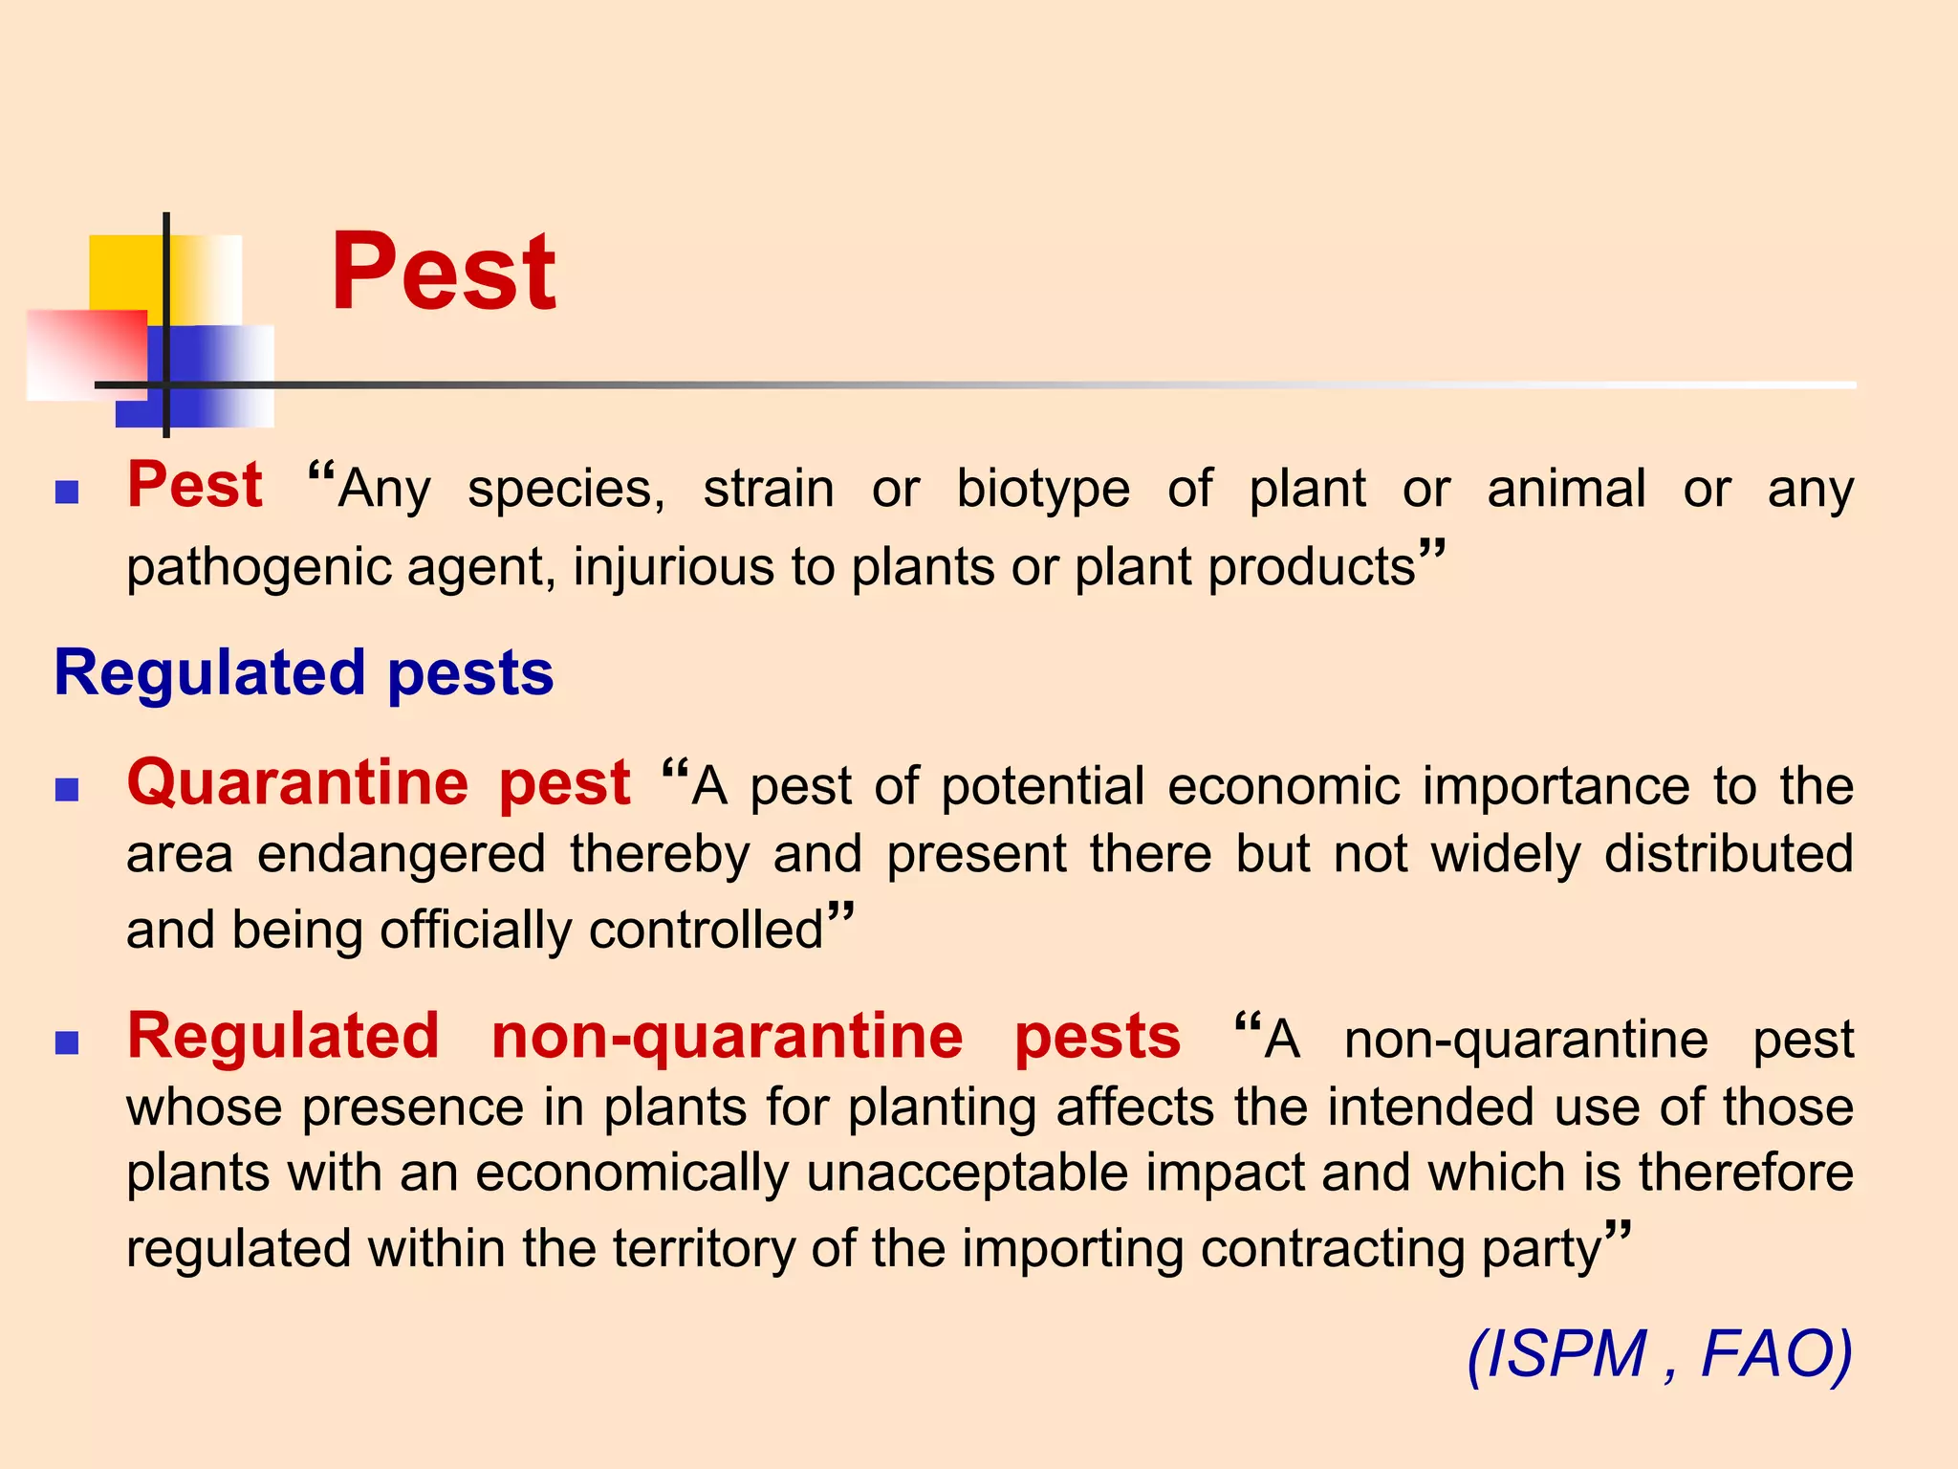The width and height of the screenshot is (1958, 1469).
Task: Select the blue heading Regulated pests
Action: tap(304, 672)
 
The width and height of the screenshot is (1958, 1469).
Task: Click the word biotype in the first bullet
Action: tap(1043, 490)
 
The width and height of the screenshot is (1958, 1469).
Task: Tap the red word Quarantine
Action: tap(297, 782)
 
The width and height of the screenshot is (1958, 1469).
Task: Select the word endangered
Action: tap(402, 854)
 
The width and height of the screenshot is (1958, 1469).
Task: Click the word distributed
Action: tap(1729, 853)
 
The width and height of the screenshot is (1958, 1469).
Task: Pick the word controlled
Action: tap(706, 930)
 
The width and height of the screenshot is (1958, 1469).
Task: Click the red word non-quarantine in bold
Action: tap(727, 1037)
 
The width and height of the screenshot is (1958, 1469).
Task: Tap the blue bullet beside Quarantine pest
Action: tap(67, 789)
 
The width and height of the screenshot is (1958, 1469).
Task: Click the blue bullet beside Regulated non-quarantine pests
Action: tap(67, 1042)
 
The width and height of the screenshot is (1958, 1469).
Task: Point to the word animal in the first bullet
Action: tap(1566, 490)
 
